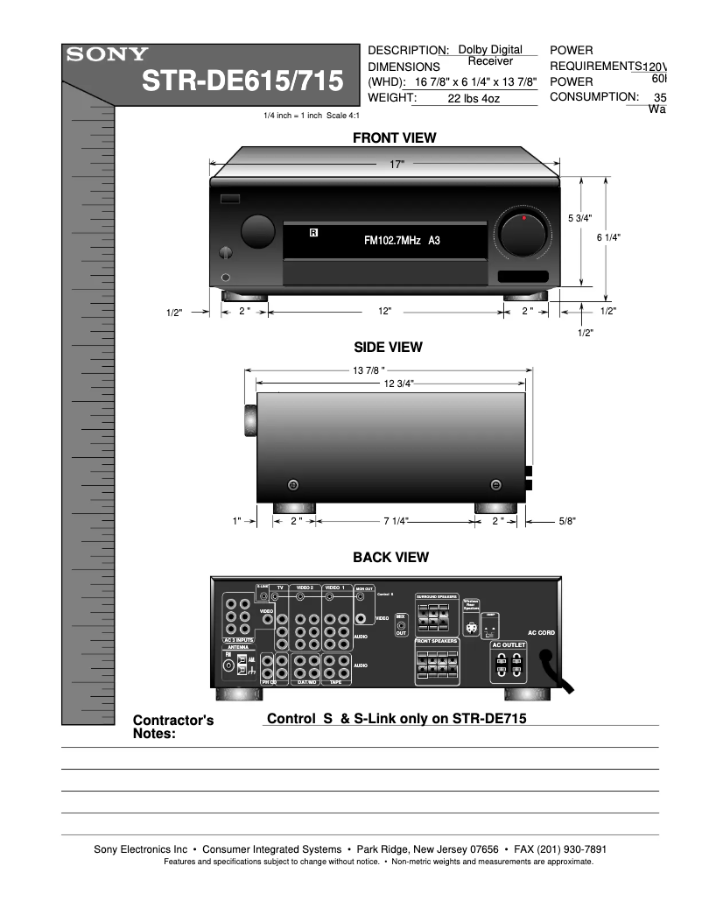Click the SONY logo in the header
(x=103, y=54)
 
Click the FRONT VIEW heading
(x=394, y=137)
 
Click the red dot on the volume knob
(x=523, y=216)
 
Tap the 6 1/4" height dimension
(x=607, y=237)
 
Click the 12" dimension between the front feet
(x=385, y=311)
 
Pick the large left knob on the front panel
(x=257, y=230)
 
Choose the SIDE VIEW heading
(x=388, y=347)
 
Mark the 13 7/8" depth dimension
(x=369, y=370)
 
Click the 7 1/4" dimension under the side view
(x=397, y=521)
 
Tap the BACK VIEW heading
(x=390, y=557)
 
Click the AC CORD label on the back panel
(x=541, y=632)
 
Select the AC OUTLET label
(x=509, y=644)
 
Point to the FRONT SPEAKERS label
(x=437, y=641)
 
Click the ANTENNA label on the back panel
(x=238, y=647)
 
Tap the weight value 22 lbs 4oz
(x=474, y=99)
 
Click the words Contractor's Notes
(x=173, y=727)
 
